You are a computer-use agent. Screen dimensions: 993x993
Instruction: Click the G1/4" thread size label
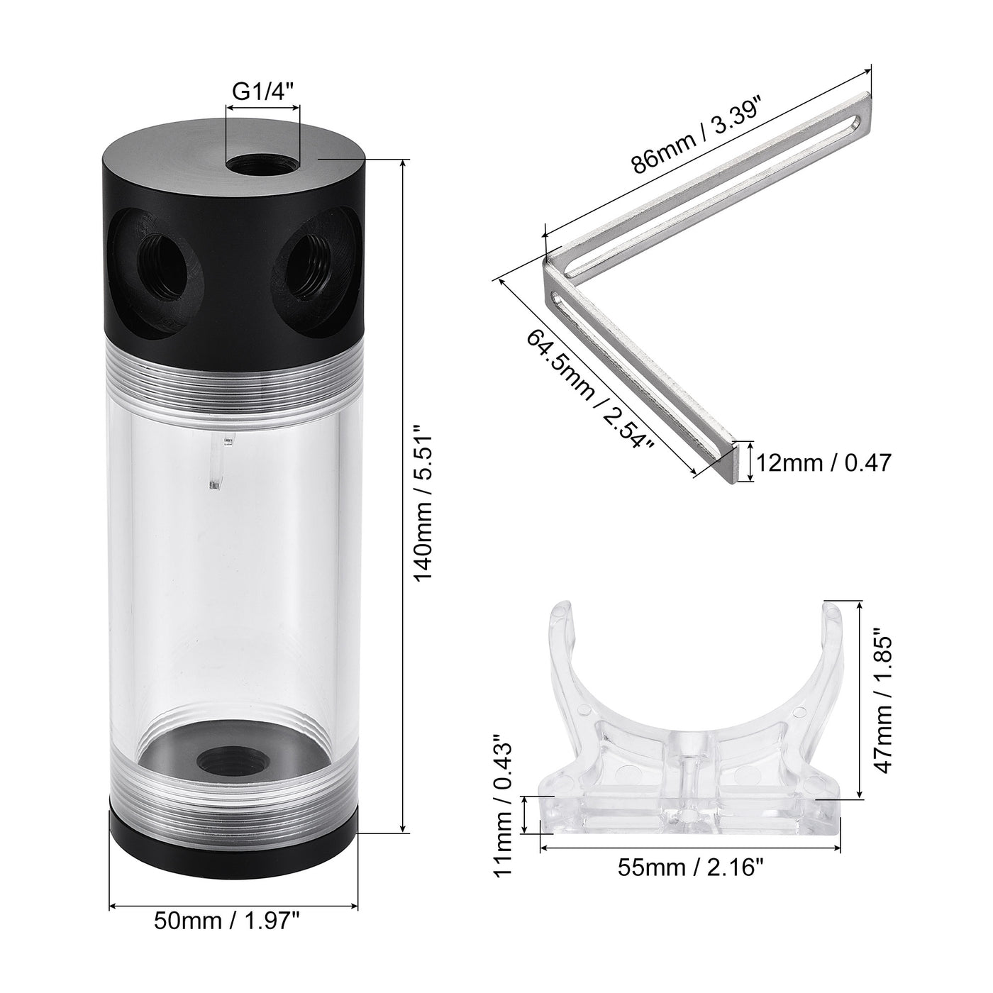coord(262,90)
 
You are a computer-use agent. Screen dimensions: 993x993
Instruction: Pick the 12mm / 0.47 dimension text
coord(823,462)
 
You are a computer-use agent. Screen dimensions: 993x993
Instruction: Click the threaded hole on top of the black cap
coord(262,165)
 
